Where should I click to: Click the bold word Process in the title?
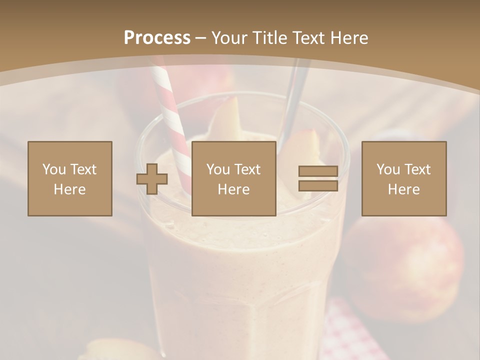coord(157,38)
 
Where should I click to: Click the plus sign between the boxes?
coord(152,178)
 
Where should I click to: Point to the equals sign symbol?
coord(318,178)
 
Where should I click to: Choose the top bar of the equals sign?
coord(318,171)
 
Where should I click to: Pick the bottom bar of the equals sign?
coord(318,185)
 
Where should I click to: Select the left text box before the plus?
coord(70,178)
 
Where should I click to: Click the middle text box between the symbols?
coord(234,178)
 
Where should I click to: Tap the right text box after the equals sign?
coord(404,178)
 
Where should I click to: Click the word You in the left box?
coord(54,169)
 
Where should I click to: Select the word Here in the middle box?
coord(234,189)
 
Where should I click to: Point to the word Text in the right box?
coord(418,169)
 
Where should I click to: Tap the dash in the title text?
coord(201,38)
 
